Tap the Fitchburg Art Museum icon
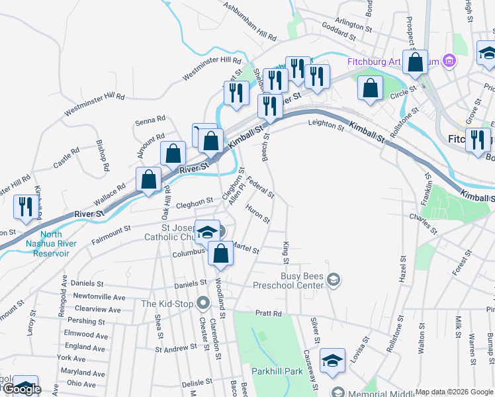point(450,62)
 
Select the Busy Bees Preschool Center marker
point(334,281)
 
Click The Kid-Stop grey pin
point(203,304)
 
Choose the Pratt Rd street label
point(268,314)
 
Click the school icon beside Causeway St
point(332,361)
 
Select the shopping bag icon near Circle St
point(371,87)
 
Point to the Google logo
point(22,389)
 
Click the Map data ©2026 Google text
point(454,392)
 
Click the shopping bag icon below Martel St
point(220,253)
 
